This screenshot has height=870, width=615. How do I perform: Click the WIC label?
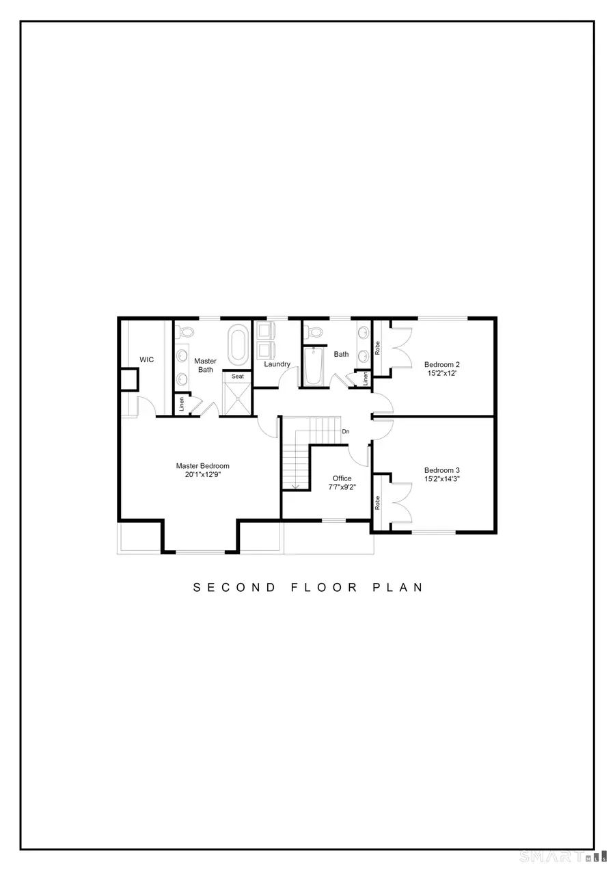(x=146, y=359)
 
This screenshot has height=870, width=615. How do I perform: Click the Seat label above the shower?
(x=238, y=377)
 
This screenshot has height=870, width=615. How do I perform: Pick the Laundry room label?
(x=277, y=364)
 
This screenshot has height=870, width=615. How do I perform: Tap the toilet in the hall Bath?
(x=315, y=332)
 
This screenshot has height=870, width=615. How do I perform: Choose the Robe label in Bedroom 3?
(x=377, y=503)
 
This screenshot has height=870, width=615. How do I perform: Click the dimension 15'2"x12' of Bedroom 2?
(x=441, y=374)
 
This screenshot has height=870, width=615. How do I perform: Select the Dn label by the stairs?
(x=346, y=432)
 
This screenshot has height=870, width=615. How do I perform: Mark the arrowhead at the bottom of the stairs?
(x=295, y=487)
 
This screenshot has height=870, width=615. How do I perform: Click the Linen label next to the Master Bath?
(x=182, y=405)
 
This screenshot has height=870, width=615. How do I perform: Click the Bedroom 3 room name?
(x=441, y=470)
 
